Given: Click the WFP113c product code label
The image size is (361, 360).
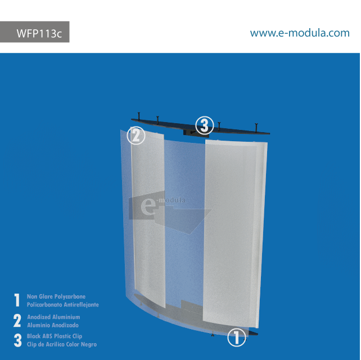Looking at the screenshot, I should tap(38, 33).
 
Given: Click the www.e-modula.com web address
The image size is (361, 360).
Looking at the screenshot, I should tap(299, 33).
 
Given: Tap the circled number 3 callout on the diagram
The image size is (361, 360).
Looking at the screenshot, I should tap(204, 124).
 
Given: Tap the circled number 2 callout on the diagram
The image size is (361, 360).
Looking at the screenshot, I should tap(136, 136).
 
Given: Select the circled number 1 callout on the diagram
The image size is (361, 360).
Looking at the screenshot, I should tap(237, 337).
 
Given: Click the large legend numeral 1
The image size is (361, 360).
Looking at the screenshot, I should tap(17, 300).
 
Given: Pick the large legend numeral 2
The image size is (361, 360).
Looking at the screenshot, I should tap(17, 321).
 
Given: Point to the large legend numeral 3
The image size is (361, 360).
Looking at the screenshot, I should tap(17, 340).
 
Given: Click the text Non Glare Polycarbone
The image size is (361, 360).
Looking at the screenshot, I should tap(56, 296).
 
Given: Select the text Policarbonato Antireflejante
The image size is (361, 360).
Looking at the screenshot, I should tap(63, 304).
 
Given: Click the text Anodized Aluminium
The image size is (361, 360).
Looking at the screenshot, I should tap(53, 317).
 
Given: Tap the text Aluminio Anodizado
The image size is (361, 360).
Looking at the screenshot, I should tap(53, 325).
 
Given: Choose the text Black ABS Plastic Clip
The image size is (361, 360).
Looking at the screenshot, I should tap(55, 336).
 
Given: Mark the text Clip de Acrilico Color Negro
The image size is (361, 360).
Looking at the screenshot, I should tap(62, 344).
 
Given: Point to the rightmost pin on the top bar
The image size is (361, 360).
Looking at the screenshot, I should tap(256, 125).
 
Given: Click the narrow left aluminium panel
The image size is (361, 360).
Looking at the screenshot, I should tap(147, 219).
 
